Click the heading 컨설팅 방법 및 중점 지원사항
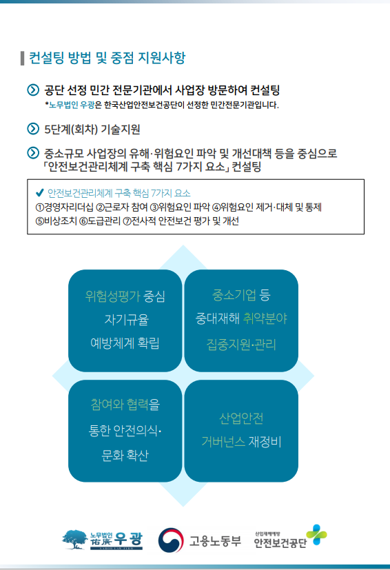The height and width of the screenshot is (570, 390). tap(107, 58)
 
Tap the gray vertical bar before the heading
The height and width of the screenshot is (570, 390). tap(23, 58)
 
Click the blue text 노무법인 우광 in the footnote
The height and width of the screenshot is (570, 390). tap(72, 105)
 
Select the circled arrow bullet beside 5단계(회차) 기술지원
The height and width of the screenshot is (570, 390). tap(33, 129)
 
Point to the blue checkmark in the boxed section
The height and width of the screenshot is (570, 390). tap(39, 193)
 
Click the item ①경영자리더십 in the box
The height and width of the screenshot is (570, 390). tap(64, 207)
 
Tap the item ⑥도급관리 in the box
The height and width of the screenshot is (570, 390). tap(100, 221)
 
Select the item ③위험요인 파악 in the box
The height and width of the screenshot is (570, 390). tap(180, 207)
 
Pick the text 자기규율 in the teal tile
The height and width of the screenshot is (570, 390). tap(126, 320)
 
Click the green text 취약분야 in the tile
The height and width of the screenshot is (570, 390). tap(265, 318)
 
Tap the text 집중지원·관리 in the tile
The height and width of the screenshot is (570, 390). tap(241, 344)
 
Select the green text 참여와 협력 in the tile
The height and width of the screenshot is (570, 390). tap(119, 404)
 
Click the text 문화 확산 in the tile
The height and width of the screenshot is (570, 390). tap(125, 455)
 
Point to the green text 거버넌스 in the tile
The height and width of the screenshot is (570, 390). tap(223, 442)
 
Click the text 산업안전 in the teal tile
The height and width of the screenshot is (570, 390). tap(241, 418)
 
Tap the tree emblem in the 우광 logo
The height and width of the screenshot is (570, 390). tap(75, 540)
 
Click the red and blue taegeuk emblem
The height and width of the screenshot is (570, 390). tap(171, 540)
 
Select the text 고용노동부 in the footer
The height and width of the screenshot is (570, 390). tap(215, 541)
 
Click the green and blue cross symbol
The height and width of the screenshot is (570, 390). tap(316, 534)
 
